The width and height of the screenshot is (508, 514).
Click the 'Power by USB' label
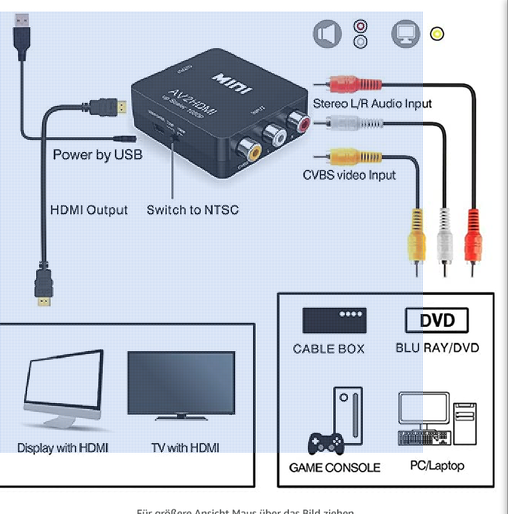click(x=97, y=155)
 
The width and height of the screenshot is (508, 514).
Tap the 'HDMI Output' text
click(x=88, y=210)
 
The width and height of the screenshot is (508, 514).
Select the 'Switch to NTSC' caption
click(x=192, y=210)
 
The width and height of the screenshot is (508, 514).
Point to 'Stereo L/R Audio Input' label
click(x=371, y=103)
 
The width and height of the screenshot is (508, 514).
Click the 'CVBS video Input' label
click(x=349, y=175)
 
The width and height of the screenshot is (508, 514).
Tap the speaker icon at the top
click(x=327, y=33)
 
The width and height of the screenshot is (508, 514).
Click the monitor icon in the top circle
click(x=406, y=33)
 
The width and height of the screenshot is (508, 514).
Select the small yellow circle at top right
click(x=437, y=33)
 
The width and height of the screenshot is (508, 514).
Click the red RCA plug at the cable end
click(x=472, y=236)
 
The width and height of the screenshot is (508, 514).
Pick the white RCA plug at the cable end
click(x=444, y=236)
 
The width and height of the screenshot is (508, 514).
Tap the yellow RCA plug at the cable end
click(x=418, y=236)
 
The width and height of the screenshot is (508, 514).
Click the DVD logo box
click(x=437, y=320)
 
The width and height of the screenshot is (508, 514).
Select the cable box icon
click(x=334, y=320)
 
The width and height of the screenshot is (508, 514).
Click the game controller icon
click(x=326, y=443)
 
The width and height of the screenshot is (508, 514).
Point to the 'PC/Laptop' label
click(x=437, y=466)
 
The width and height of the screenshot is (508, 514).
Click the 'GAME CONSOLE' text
click(x=334, y=467)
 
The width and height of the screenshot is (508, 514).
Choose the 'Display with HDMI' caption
click(x=62, y=447)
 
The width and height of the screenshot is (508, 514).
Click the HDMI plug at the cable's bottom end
click(x=44, y=286)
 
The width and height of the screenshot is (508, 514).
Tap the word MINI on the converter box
click(x=232, y=84)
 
